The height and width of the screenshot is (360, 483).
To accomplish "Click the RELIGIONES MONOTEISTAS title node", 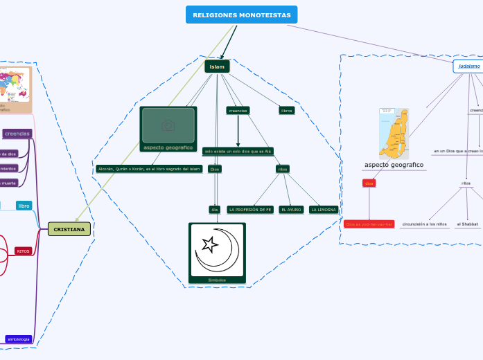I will [241, 15].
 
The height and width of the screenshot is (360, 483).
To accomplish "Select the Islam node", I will [217, 66].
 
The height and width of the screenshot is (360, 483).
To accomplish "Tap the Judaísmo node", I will [469, 66].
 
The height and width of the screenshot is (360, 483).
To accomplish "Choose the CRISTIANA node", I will [69, 229].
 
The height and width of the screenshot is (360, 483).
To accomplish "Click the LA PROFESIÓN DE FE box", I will [250, 210].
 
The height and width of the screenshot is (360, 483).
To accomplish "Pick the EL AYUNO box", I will [291, 210].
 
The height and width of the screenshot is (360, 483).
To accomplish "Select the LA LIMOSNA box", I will [324, 210].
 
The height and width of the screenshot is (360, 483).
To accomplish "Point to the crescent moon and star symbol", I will [217, 250].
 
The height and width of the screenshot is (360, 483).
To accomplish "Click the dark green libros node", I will [286, 110].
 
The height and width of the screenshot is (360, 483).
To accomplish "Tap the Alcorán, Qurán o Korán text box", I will [149, 169].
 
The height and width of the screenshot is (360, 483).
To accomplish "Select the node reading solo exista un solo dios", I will [238, 151].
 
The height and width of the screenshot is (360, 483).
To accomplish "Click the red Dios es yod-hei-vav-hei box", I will [369, 224].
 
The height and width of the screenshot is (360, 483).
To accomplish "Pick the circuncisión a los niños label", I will [424, 224].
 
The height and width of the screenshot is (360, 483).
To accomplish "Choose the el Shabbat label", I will [467, 224].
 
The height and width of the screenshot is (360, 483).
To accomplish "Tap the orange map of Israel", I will [394, 132].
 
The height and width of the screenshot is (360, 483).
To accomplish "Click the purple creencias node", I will [17, 134].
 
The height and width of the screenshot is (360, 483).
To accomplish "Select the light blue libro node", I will [24, 206].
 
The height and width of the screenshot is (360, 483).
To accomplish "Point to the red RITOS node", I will [24, 251].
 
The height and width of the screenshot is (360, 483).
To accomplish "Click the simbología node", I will [19, 339].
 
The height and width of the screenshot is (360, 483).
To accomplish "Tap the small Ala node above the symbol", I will [215, 210].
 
